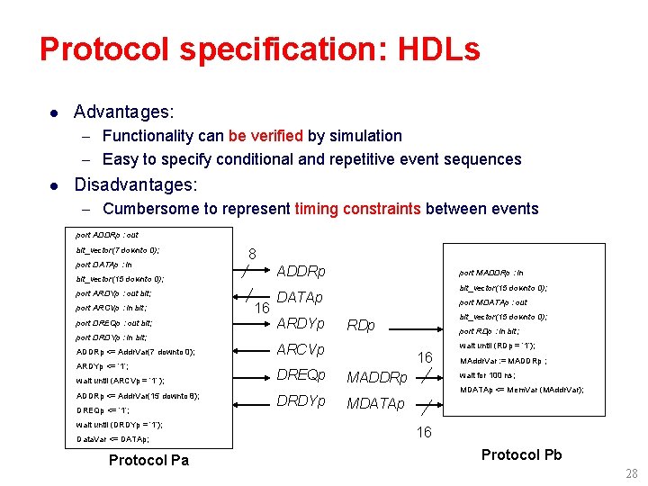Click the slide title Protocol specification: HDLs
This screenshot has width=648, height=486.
click(259, 49)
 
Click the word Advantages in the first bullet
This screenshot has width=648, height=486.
click(123, 112)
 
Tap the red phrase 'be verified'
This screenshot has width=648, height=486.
click(265, 136)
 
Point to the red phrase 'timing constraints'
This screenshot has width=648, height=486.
click(357, 209)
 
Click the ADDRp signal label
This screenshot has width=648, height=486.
click(301, 272)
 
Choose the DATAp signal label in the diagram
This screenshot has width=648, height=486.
click(300, 298)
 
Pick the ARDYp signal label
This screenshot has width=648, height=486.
click(301, 324)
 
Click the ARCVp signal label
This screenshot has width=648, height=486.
click(301, 349)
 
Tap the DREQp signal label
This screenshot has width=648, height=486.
click(301, 375)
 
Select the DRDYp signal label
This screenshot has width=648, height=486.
click(301, 401)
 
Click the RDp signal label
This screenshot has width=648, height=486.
click(361, 325)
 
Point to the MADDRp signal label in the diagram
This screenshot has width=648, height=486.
click(377, 376)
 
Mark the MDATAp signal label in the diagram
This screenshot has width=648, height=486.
click(375, 402)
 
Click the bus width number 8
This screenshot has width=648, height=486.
click(252, 255)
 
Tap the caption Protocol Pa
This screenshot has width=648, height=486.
click(148, 461)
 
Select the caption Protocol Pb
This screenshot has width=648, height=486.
click(521, 454)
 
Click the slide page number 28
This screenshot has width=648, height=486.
click(630, 474)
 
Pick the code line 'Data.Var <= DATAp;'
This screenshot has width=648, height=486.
click(113, 439)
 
